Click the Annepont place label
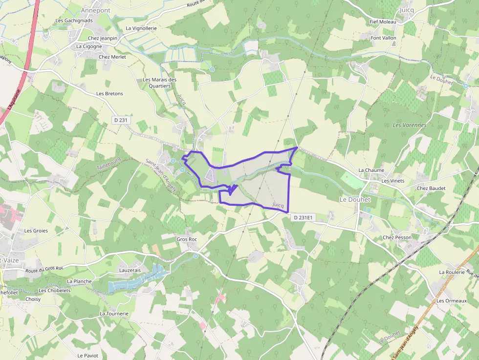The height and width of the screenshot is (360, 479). click(96, 10)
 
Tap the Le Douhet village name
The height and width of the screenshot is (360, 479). click(355, 200)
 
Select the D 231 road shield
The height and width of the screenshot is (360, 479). click(122, 120)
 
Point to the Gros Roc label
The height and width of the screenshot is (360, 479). click(186, 240)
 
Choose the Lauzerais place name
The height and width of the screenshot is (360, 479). click(130, 270)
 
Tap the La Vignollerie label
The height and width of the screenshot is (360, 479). click(141, 28)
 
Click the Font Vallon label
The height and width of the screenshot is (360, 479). click(384, 38)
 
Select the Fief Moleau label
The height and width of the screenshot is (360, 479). click(383, 22)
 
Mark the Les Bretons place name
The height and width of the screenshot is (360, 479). click(110, 94)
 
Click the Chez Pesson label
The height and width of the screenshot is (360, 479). click(397, 237)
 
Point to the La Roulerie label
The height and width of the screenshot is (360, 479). click(452, 272)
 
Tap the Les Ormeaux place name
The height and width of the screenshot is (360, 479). click(452, 301)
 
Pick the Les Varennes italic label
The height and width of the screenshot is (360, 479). click(410, 125)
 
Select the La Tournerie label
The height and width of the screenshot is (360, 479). click(114, 314)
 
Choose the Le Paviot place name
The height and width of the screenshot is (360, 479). click(88, 356)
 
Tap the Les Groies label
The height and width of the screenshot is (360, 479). click(36, 231)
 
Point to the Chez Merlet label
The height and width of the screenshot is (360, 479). click(112, 57)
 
